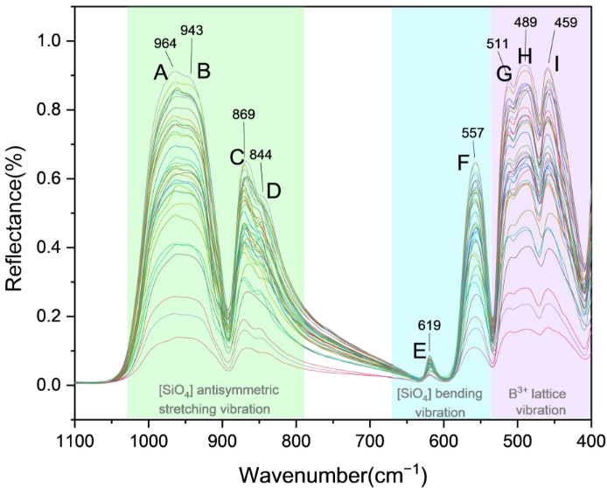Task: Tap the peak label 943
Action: (192, 31)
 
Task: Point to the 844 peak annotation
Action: (261, 155)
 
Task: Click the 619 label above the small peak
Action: (429, 325)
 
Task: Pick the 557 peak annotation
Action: (473, 133)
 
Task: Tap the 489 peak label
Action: (525, 23)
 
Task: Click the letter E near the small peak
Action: (420, 352)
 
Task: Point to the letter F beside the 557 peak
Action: (464, 163)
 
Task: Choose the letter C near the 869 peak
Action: (236, 157)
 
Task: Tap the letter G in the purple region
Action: (503, 73)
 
